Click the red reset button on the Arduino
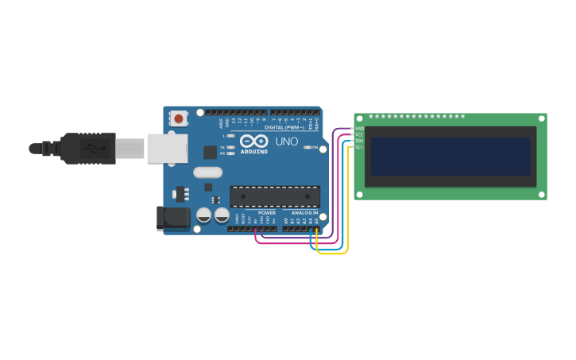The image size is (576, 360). pos(179,119)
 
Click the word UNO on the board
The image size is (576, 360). pos(286,142)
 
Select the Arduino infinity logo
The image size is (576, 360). pos(254,141)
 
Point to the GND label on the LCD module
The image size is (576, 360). pos(359,128)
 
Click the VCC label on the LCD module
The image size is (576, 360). pos(359,134)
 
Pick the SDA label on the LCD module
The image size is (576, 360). pos(359,141)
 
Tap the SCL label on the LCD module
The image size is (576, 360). pos(359,147)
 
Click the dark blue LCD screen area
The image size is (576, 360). pos(450,157)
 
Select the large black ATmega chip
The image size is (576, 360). pos(275,195)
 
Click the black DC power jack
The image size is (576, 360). pos(172,218)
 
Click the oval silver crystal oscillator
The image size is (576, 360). pos(207,172)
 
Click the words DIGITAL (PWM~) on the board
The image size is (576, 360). pos(284,127)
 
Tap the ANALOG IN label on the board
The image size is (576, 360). pos(304,213)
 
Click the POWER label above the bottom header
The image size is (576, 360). pos(267,213)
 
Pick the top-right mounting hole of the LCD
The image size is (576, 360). pos(540,118)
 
